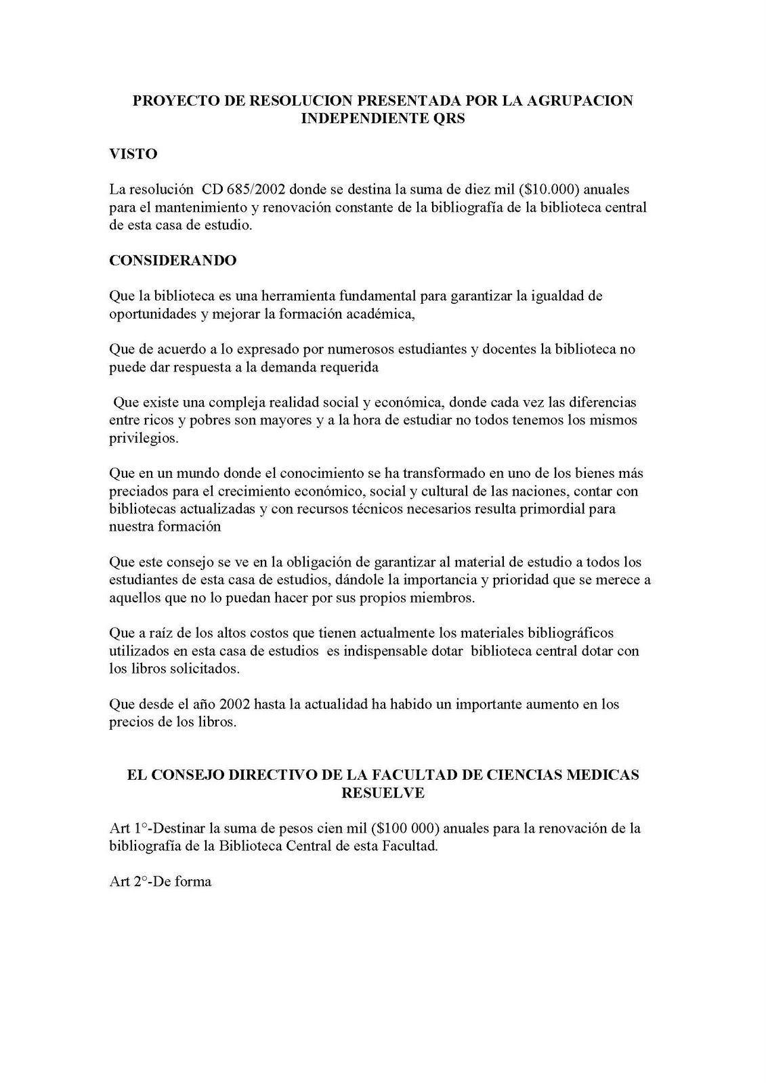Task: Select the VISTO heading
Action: [133, 154]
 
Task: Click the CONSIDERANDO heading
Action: [173, 261]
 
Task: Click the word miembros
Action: [440, 598]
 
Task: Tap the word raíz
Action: [157, 633]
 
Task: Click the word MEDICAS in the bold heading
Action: [598, 775]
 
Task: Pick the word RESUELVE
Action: [383, 793]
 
